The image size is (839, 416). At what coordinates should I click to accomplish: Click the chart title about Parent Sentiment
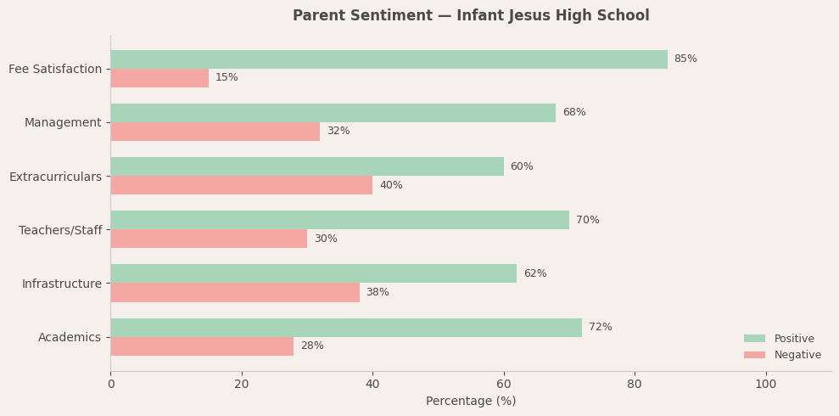[x=471, y=16]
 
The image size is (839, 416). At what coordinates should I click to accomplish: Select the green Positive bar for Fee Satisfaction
[x=389, y=59]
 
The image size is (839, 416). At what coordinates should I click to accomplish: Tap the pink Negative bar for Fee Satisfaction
[x=159, y=78]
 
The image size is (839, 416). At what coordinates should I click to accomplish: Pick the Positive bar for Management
[x=333, y=113]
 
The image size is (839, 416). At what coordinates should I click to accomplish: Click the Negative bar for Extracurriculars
[x=241, y=185]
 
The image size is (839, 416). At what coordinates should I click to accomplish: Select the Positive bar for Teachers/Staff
[x=339, y=220]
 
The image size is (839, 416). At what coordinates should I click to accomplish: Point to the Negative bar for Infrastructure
[x=235, y=292]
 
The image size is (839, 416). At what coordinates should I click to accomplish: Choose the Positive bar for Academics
[x=346, y=328]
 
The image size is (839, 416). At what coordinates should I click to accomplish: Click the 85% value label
[x=685, y=59]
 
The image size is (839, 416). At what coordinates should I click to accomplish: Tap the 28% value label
[x=312, y=346]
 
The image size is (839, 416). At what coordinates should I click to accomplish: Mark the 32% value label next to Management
[x=338, y=132]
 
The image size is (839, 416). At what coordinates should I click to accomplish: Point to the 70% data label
[x=588, y=221]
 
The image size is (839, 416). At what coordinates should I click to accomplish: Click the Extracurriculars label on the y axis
[x=55, y=177]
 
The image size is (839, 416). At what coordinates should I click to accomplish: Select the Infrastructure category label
[x=62, y=284]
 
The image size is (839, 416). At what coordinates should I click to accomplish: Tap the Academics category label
[x=70, y=337]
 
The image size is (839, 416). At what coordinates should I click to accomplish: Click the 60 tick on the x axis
[x=504, y=385]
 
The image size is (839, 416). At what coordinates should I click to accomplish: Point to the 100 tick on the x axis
[x=766, y=385]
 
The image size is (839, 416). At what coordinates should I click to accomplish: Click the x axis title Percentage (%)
[x=471, y=402]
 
